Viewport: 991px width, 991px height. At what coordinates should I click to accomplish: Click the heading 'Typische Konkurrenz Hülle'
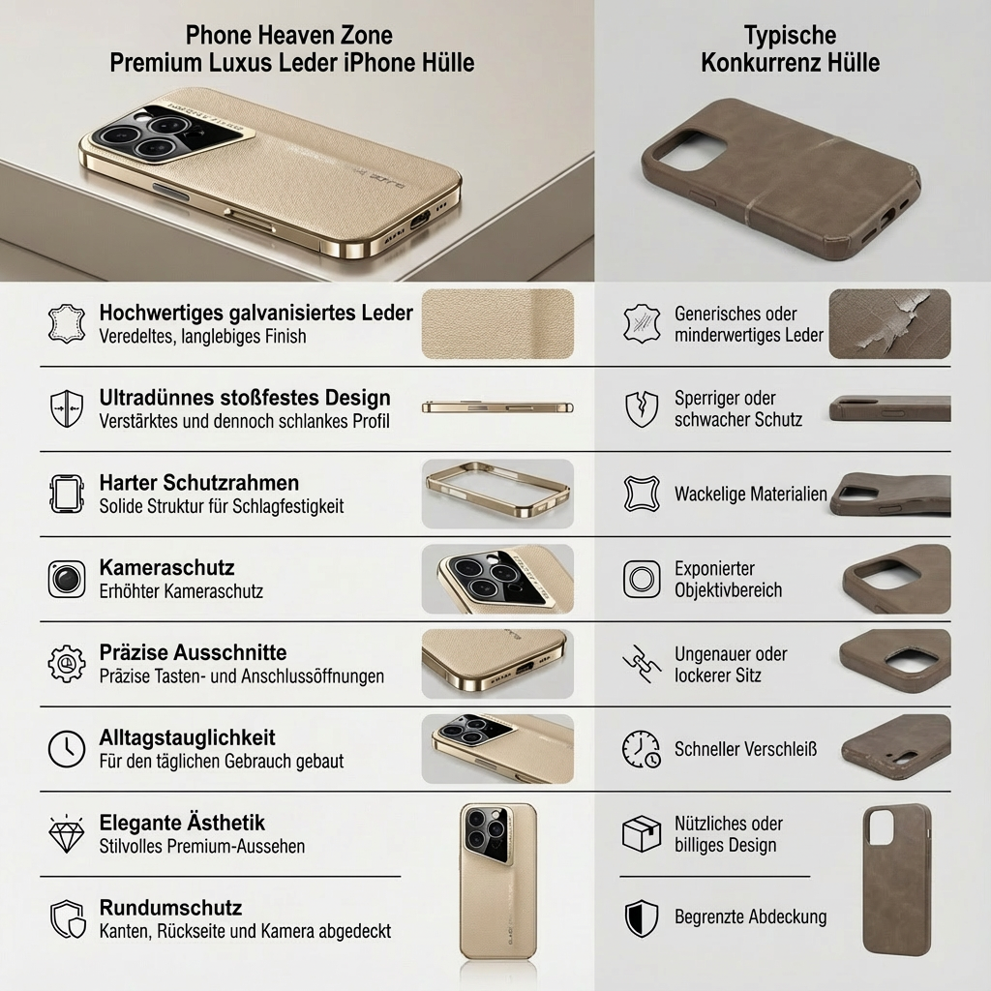[790, 49]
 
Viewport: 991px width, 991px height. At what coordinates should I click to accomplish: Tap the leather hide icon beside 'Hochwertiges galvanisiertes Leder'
[67, 324]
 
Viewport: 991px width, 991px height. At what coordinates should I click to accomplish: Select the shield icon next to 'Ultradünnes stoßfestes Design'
[67, 408]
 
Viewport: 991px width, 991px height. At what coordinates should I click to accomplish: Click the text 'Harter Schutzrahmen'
[198, 482]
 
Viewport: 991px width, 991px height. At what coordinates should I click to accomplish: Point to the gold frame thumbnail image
[497, 494]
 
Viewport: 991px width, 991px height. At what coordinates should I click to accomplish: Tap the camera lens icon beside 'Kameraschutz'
[67, 579]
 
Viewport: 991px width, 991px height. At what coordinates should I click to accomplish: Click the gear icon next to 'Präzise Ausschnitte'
[67, 664]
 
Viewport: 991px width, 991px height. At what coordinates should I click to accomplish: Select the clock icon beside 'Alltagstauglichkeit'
[67, 749]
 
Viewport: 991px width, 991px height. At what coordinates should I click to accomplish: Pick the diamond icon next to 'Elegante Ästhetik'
[67, 833]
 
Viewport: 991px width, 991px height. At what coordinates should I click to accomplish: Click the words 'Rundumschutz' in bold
[170, 908]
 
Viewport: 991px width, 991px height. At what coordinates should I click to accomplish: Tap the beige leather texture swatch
[497, 324]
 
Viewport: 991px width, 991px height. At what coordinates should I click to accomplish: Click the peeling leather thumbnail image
[889, 324]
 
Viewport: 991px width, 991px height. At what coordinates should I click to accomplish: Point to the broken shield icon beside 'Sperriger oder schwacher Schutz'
[641, 408]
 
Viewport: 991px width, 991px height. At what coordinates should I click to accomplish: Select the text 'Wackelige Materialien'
[750, 495]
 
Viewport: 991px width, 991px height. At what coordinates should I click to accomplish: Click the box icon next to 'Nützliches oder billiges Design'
[641, 833]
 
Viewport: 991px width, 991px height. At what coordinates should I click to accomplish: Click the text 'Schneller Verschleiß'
[745, 749]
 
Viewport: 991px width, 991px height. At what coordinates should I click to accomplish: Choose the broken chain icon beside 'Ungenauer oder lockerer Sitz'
[641, 664]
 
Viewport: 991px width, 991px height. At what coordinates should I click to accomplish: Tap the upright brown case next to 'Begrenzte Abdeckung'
[896, 878]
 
